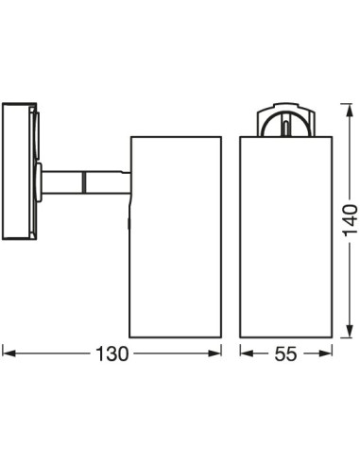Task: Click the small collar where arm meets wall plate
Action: [x=41, y=178]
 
